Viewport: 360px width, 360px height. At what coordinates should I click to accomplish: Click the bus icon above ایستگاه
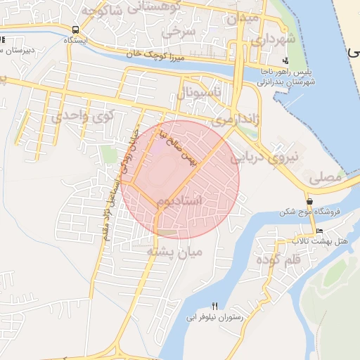[75, 30]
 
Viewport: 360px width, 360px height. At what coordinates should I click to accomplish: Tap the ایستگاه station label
[75, 40]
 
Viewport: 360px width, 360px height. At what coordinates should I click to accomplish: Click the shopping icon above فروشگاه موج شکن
[310, 201]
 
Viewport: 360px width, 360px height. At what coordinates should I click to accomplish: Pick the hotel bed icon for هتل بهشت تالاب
[320, 231]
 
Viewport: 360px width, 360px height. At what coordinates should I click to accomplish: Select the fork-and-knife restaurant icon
[215, 306]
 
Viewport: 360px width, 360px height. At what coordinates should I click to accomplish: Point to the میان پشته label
[174, 250]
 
